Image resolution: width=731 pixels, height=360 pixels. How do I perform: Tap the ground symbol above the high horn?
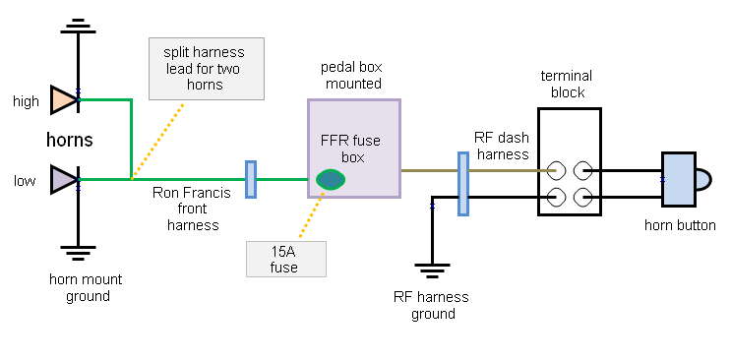coord(79,25)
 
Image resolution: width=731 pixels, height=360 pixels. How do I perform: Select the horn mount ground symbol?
coord(79,252)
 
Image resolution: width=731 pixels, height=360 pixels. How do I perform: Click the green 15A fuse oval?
coord(331,179)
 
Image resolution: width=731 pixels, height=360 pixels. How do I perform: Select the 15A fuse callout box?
coord(285,259)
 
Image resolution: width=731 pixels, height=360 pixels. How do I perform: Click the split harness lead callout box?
coord(207,69)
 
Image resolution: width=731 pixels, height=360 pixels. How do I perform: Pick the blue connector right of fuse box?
coord(462,183)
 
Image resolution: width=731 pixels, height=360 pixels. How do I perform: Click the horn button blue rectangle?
coord(678,179)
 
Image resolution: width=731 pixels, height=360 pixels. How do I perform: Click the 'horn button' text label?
coord(680,226)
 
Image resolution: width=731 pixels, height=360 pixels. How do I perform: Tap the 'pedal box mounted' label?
coord(351,75)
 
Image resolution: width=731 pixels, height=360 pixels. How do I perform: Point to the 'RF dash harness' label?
coord(503,147)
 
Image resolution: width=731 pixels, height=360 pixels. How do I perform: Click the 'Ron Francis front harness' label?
coord(192,210)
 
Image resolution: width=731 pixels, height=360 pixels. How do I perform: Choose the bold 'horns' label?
coord(69,140)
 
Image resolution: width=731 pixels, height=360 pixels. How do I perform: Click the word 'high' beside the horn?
coord(26,101)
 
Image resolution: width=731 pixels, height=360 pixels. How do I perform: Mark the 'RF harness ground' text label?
coord(432,306)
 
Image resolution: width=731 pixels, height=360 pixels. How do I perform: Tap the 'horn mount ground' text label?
coord(87,288)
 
